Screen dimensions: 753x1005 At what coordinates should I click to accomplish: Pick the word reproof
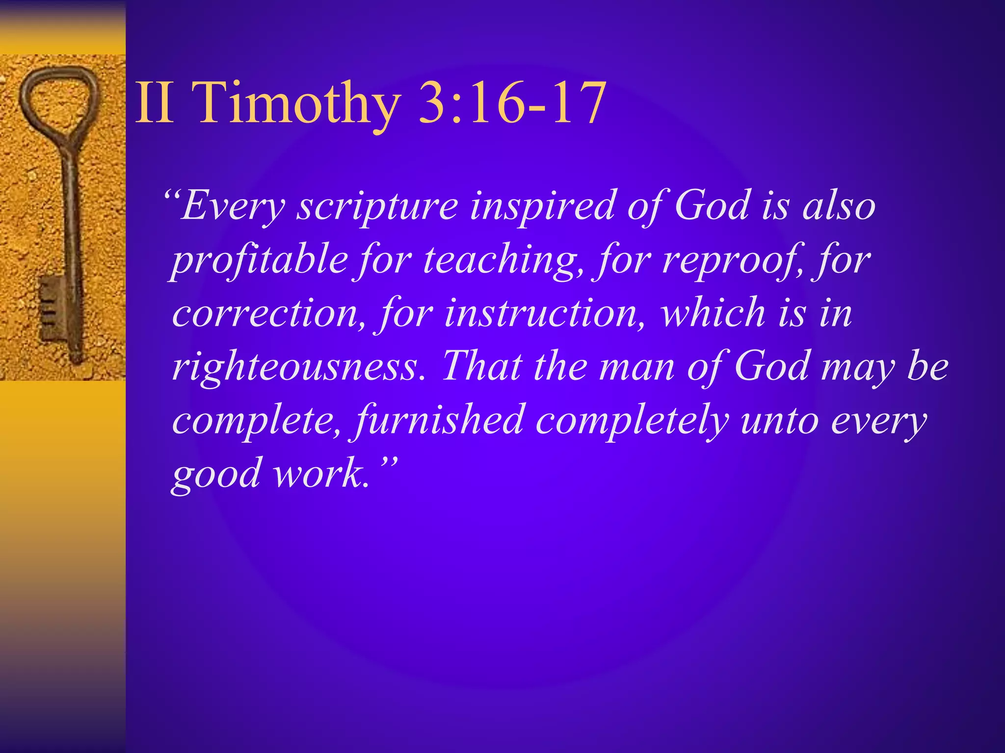(731, 260)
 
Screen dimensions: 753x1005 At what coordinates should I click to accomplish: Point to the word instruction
(545, 314)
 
